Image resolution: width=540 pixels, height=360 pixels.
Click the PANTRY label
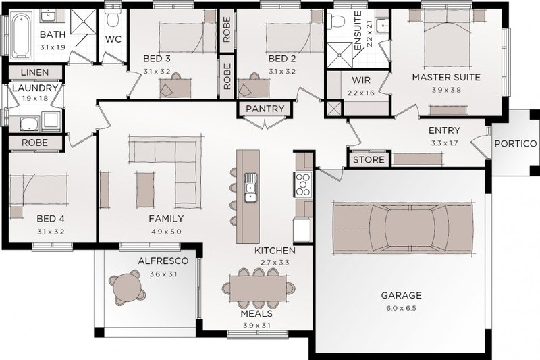265,109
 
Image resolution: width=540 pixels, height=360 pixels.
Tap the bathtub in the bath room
22,35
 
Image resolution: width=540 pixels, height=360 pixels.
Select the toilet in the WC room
113,16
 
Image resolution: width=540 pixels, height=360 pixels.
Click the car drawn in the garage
402,228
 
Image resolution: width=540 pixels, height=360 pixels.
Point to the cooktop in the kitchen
303,184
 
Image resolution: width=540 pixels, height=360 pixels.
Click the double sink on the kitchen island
250,187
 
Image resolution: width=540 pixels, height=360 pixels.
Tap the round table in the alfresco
128,288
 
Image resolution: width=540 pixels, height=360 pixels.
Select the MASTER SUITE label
446,77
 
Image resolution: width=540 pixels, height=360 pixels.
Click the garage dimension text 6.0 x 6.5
401,308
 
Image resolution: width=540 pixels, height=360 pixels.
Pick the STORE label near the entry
369,160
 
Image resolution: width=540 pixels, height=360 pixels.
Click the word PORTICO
516,144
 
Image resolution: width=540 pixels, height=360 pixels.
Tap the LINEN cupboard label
34,72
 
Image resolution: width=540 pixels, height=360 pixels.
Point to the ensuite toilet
335,21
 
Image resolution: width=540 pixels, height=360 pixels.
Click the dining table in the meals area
258,288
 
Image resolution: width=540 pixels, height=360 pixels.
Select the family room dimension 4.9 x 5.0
166,232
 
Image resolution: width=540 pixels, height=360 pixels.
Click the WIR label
361,80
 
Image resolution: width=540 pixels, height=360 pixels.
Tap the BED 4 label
51,219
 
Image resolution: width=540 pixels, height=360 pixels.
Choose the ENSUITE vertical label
358,31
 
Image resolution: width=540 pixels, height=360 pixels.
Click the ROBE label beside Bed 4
35,143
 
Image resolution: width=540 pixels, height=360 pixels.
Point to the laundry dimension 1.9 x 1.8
35,98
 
